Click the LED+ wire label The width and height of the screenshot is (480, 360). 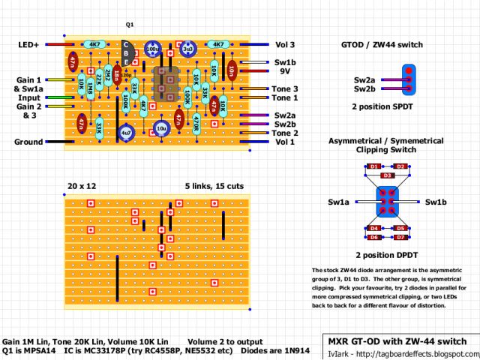click(x=28, y=45)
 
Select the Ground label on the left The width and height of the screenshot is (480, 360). click(x=29, y=142)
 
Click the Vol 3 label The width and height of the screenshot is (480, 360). click(x=285, y=45)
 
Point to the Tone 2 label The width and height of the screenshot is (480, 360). click(x=285, y=133)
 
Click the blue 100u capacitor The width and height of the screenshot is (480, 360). click(x=153, y=49)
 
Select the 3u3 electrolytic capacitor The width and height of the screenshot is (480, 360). click(x=187, y=49)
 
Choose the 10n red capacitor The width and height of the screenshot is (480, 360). click(x=232, y=70)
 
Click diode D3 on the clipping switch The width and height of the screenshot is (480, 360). click(x=387, y=175)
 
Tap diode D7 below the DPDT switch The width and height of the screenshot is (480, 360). click(x=400, y=238)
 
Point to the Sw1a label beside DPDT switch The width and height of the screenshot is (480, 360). click(x=339, y=202)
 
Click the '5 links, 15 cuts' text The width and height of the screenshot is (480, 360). click(x=214, y=185)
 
